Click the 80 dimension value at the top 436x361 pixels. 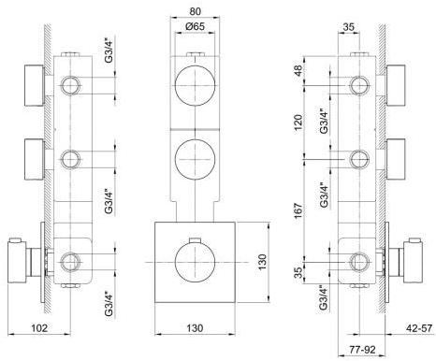click(195, 11)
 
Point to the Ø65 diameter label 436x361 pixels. click(195, 26)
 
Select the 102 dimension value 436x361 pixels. click(40, 327)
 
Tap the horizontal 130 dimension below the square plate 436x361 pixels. click(195, 327)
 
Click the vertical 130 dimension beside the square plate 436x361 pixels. click(263, 262)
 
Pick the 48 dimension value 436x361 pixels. click(298, 71)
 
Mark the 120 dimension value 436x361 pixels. click(298, 123)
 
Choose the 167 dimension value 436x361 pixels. click(298, 210)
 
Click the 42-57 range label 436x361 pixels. click(419, 327)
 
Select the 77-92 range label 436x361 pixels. click(362, 350)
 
